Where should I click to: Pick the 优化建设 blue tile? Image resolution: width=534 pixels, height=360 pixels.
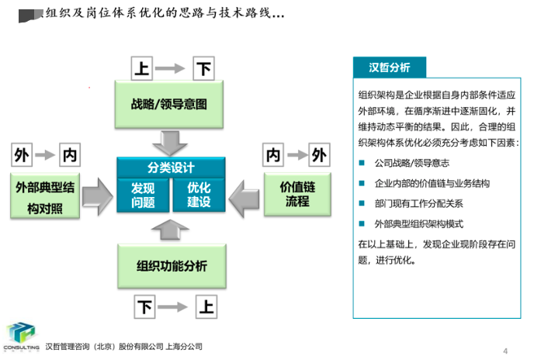[198, 195]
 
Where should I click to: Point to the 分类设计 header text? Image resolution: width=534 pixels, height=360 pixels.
[171, 168]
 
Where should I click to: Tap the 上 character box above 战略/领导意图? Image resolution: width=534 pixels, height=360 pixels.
[142, 68]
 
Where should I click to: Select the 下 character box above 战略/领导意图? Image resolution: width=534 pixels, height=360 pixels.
[203, 68]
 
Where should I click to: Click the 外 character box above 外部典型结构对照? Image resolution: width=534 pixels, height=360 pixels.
[23, 155]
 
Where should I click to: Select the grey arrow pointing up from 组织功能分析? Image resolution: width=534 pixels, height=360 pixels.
[171, 229]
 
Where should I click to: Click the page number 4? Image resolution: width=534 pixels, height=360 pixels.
[506, 348]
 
